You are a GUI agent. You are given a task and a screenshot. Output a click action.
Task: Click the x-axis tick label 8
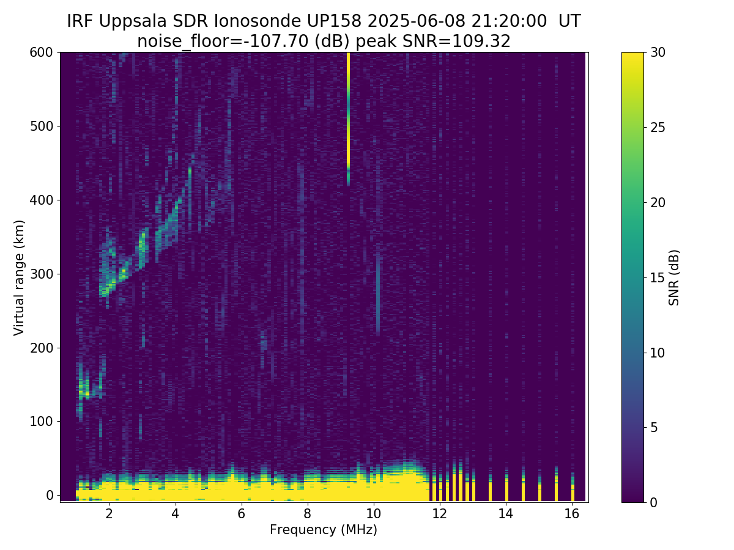click(307, 514)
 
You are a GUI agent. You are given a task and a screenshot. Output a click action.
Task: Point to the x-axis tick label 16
click(572, 514)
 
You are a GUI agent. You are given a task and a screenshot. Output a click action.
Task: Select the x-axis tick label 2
click(109, 514)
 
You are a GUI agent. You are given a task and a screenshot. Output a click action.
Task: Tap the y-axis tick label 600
click(42, 53)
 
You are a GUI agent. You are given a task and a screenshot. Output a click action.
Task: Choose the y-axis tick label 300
click(42, 274)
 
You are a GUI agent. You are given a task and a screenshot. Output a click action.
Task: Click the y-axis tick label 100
click(42, 421)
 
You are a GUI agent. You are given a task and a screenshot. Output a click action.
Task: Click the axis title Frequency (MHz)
click(324, 530)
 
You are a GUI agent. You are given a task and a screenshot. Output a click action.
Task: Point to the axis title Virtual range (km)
click(20, 277)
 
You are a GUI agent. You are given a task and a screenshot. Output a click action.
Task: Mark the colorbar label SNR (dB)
click(675, 277)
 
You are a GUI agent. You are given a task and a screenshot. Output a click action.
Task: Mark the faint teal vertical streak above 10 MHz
click(378, 293)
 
